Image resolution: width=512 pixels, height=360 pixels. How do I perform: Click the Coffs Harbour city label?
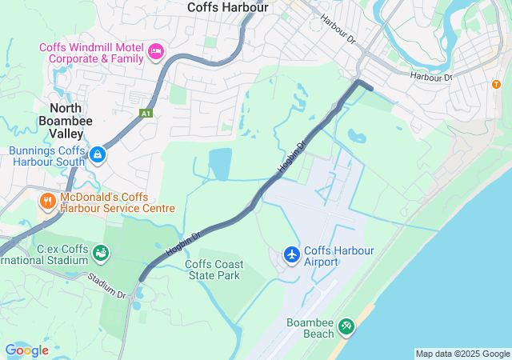tap(227, 7)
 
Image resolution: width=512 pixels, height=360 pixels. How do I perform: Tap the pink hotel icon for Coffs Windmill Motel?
tap(156, 52)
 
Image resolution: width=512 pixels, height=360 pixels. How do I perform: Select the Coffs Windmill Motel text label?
tap(91, 53)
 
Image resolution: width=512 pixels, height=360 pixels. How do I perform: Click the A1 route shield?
tap(145, 114)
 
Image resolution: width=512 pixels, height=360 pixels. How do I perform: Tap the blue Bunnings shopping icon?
tap(97, 154)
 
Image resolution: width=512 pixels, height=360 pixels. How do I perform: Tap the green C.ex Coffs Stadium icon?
tap(101, 254)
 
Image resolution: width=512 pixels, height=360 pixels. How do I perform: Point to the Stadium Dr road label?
tap(108, 286)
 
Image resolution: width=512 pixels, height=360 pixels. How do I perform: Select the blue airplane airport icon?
tap(293, 254)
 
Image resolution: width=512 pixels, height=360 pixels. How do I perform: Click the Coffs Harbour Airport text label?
tap(338, 256)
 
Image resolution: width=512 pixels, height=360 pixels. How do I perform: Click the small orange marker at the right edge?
tap(496, 84)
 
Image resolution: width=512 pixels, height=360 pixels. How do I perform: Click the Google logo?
tap(26, 350)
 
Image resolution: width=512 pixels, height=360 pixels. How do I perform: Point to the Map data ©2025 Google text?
tap(462, 354)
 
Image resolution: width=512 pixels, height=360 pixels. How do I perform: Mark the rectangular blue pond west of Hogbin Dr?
tap(220, 164)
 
